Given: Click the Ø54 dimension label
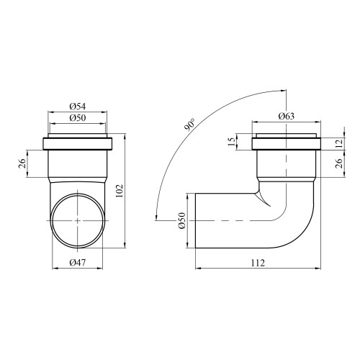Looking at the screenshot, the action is click(x=78, y=107).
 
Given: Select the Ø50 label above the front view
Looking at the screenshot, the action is click(x=78, y=118).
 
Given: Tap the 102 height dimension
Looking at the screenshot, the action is click(x=120, y=191).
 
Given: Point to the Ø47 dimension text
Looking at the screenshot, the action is click(x=78, y=263).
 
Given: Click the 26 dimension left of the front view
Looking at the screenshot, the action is click(x=22, y=163).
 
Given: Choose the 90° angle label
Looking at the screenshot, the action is click(x=190, y=125).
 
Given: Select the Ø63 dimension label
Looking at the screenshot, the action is click(x=287, y=117).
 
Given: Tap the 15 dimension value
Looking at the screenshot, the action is click(x=231, y=142).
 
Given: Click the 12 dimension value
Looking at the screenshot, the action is click(x=339, y=143).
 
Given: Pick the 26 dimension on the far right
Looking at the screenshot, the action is click(x=339, y=163).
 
